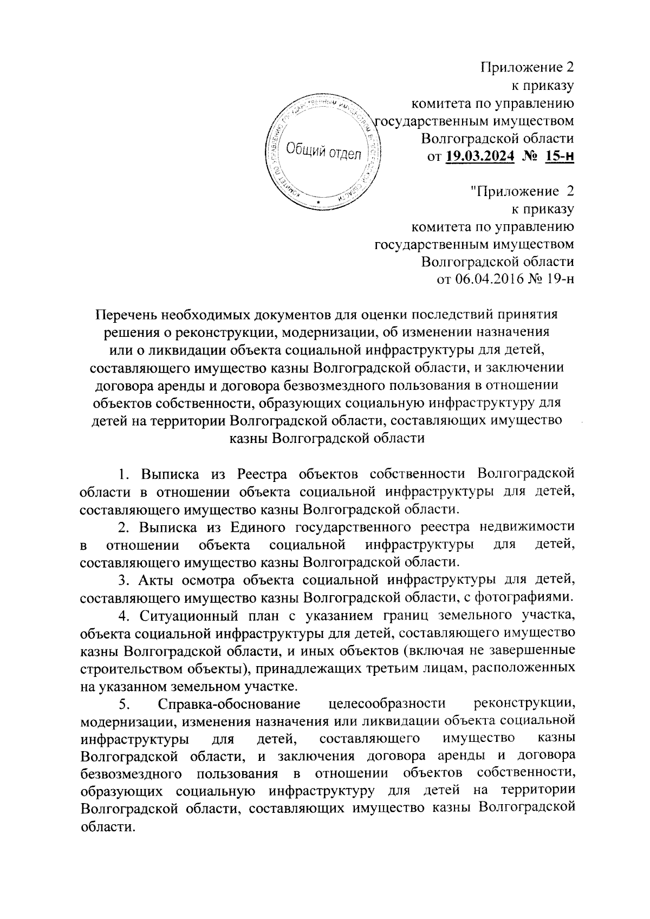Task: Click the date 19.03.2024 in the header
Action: click(x=480, y=157)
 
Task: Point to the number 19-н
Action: click(x=559, y=279)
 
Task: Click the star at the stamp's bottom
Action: click(x=318, y=204)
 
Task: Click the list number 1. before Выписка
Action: click(x=124, y=474)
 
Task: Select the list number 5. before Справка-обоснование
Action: click(x=123, y=704)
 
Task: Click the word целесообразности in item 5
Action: click(x=387, y=704)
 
